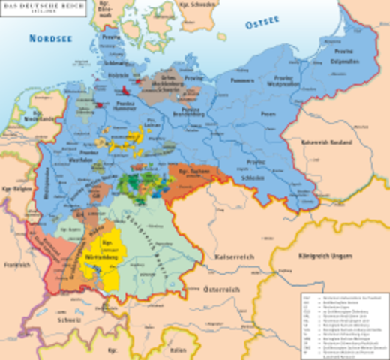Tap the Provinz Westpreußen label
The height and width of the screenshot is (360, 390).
pos(284,81)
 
